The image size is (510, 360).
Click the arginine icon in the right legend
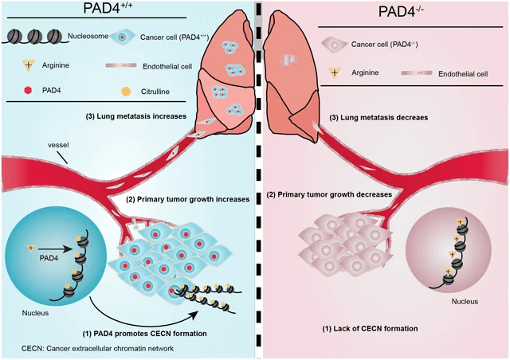335,72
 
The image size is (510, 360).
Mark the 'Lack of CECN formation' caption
369,328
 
